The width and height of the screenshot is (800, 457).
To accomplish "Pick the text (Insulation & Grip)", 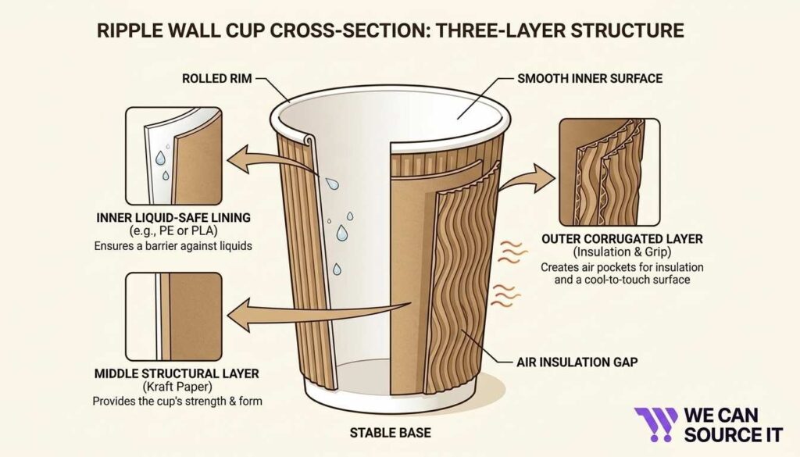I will pyautogui.click(x=615, y=252).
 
